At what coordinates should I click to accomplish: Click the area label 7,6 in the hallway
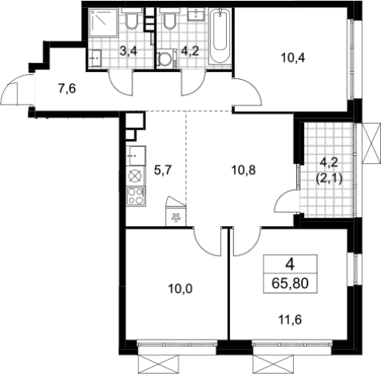[x=67, y=89]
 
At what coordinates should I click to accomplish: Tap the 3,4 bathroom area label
[x=129, y=51]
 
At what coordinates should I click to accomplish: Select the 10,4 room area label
[x=293, y=58]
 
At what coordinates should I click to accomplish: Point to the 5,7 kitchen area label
[x=163, y=169]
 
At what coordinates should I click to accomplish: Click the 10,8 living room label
[x=244, y=170]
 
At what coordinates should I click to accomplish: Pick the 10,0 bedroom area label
[x=181, y=288]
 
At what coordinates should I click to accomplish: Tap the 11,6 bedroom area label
[x=290, y=320]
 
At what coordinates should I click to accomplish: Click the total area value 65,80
[x=290, y=283]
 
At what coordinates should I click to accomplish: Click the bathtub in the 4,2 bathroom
[x=220, y=35]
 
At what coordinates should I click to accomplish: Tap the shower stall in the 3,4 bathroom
[x=103, y=22]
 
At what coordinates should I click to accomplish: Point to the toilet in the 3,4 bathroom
[x=131, y=18]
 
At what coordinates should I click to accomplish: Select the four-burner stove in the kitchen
[x=136, y=197]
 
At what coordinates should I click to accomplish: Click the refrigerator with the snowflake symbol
[x=176, y=212]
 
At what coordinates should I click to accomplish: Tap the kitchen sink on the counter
[x=136, y=156]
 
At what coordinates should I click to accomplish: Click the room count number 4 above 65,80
[x=290, y=265]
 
